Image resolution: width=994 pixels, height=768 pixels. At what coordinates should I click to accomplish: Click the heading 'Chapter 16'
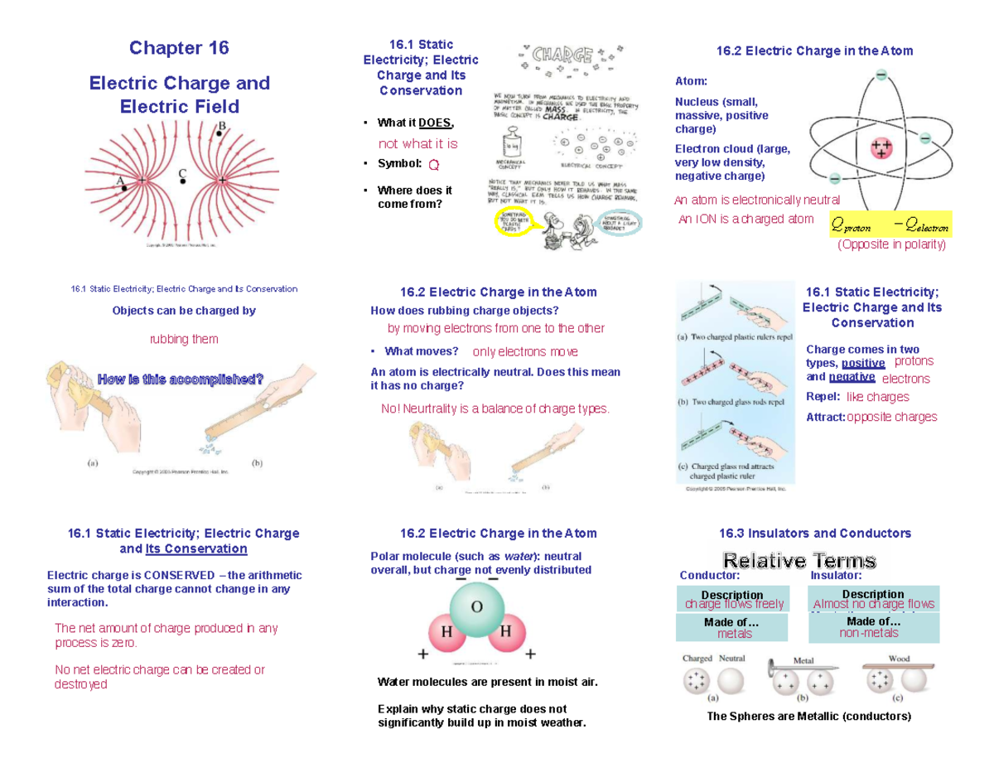(179, 48)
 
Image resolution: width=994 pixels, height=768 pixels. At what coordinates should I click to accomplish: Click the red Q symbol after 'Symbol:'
(435, 164)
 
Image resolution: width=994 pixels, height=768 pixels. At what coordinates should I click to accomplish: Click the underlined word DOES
(436, 123)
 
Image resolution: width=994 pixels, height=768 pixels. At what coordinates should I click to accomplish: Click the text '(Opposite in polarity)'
(890, 245)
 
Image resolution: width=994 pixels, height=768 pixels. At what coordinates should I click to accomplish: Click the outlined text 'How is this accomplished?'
(181, 379)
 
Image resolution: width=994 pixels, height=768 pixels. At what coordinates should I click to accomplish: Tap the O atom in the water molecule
(477, 606)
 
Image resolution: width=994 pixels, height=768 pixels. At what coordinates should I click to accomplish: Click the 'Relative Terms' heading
(799, 561)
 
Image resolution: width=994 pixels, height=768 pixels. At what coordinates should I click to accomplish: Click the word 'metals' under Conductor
(735, 634)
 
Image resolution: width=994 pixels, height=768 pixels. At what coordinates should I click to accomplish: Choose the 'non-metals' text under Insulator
(868, 633)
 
